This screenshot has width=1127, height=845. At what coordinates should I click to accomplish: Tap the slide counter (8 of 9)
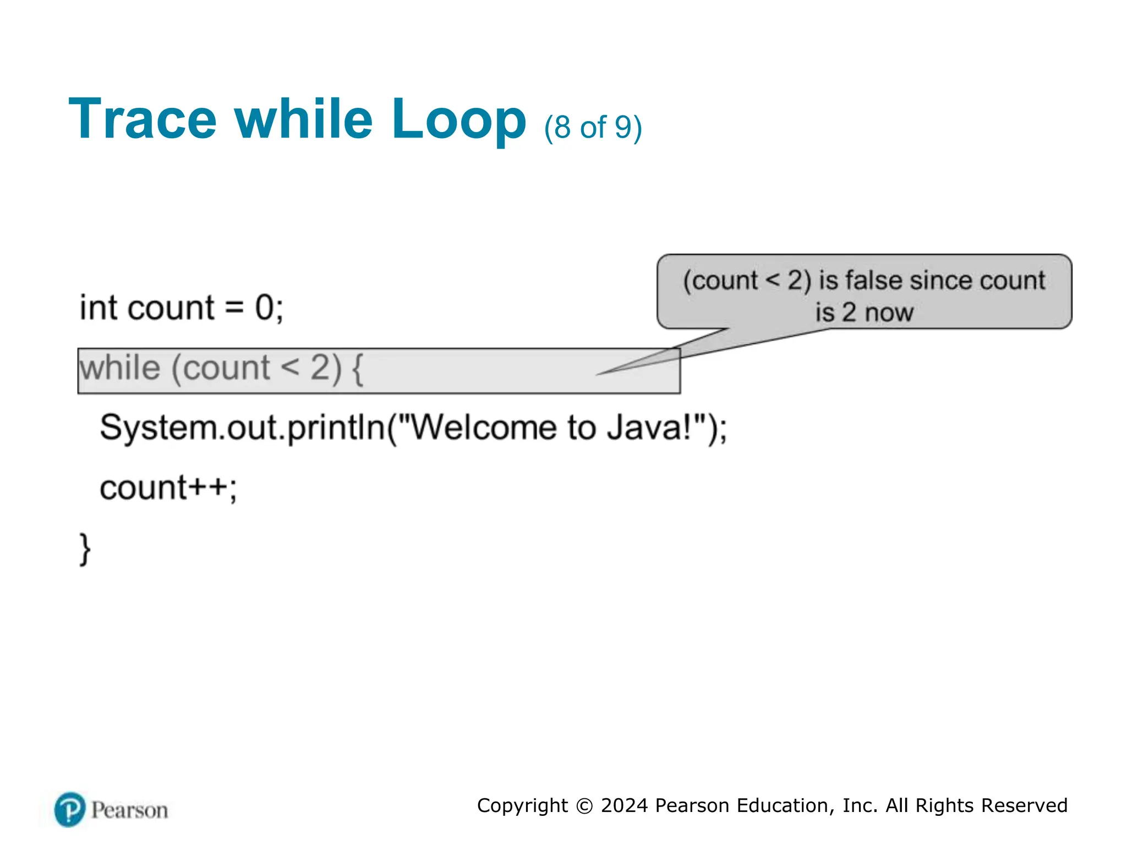pyautogui.click(x=593, y=127)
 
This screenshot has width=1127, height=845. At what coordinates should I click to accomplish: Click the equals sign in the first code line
pyautogui.click(x=234, y=308)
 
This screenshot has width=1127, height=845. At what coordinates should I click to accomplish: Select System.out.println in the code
pyautogui.click(x=242, y=427)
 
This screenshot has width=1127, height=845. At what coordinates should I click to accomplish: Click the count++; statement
pyautogui.click(x=168, y=487)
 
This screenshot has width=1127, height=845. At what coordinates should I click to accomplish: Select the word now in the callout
pyautogui.click(x=889, y=312)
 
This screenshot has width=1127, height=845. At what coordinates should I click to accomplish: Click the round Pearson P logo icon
pyautogui.click(x=70, y=809)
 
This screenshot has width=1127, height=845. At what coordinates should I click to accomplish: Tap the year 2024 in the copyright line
pyautogui.click(x=624, y=805)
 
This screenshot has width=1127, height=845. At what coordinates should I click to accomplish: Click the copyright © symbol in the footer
pyautogui.click(x=584, y=806)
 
